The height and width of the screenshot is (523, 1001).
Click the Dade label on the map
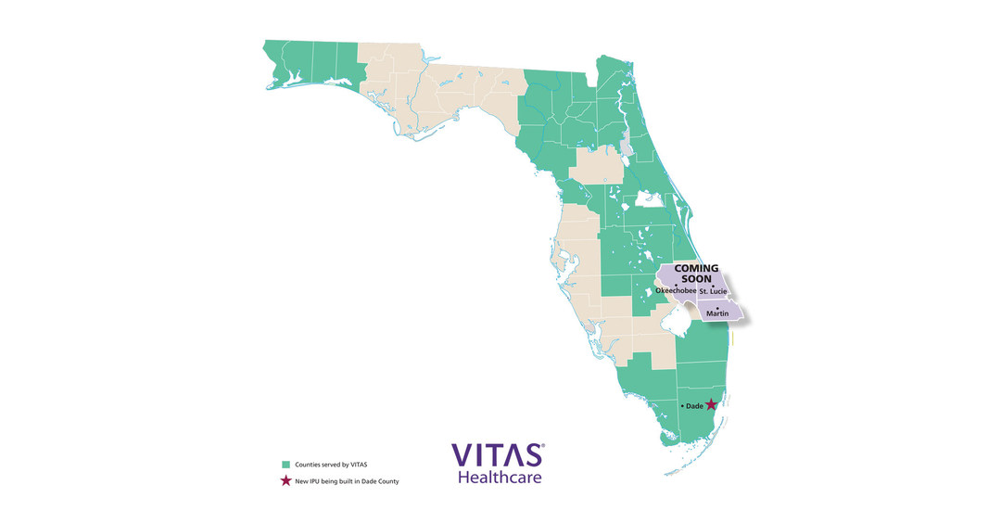[x=694, y=406]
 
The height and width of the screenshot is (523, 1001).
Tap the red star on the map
[x=711, y=405]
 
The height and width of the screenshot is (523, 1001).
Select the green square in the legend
[x=285, y=464]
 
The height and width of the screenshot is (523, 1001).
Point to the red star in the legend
[x=285, y=480]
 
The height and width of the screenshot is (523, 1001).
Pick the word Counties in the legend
[x=310, y=464]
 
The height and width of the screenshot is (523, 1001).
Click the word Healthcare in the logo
[x=500, y=478]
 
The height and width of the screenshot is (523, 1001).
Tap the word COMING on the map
[x=696, y=269]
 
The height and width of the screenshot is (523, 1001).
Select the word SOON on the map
[x=696, y=278]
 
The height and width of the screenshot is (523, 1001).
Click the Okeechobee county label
[x=676, y=291]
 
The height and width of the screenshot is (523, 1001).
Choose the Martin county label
[x=717, y=314]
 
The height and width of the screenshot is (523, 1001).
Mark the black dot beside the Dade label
[x=683, y=406]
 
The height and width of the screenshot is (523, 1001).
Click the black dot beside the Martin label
[x=717, y=308]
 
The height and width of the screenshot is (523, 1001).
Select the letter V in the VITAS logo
[x=463, y=455]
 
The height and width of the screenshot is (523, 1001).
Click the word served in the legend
[x=335, y=464]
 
